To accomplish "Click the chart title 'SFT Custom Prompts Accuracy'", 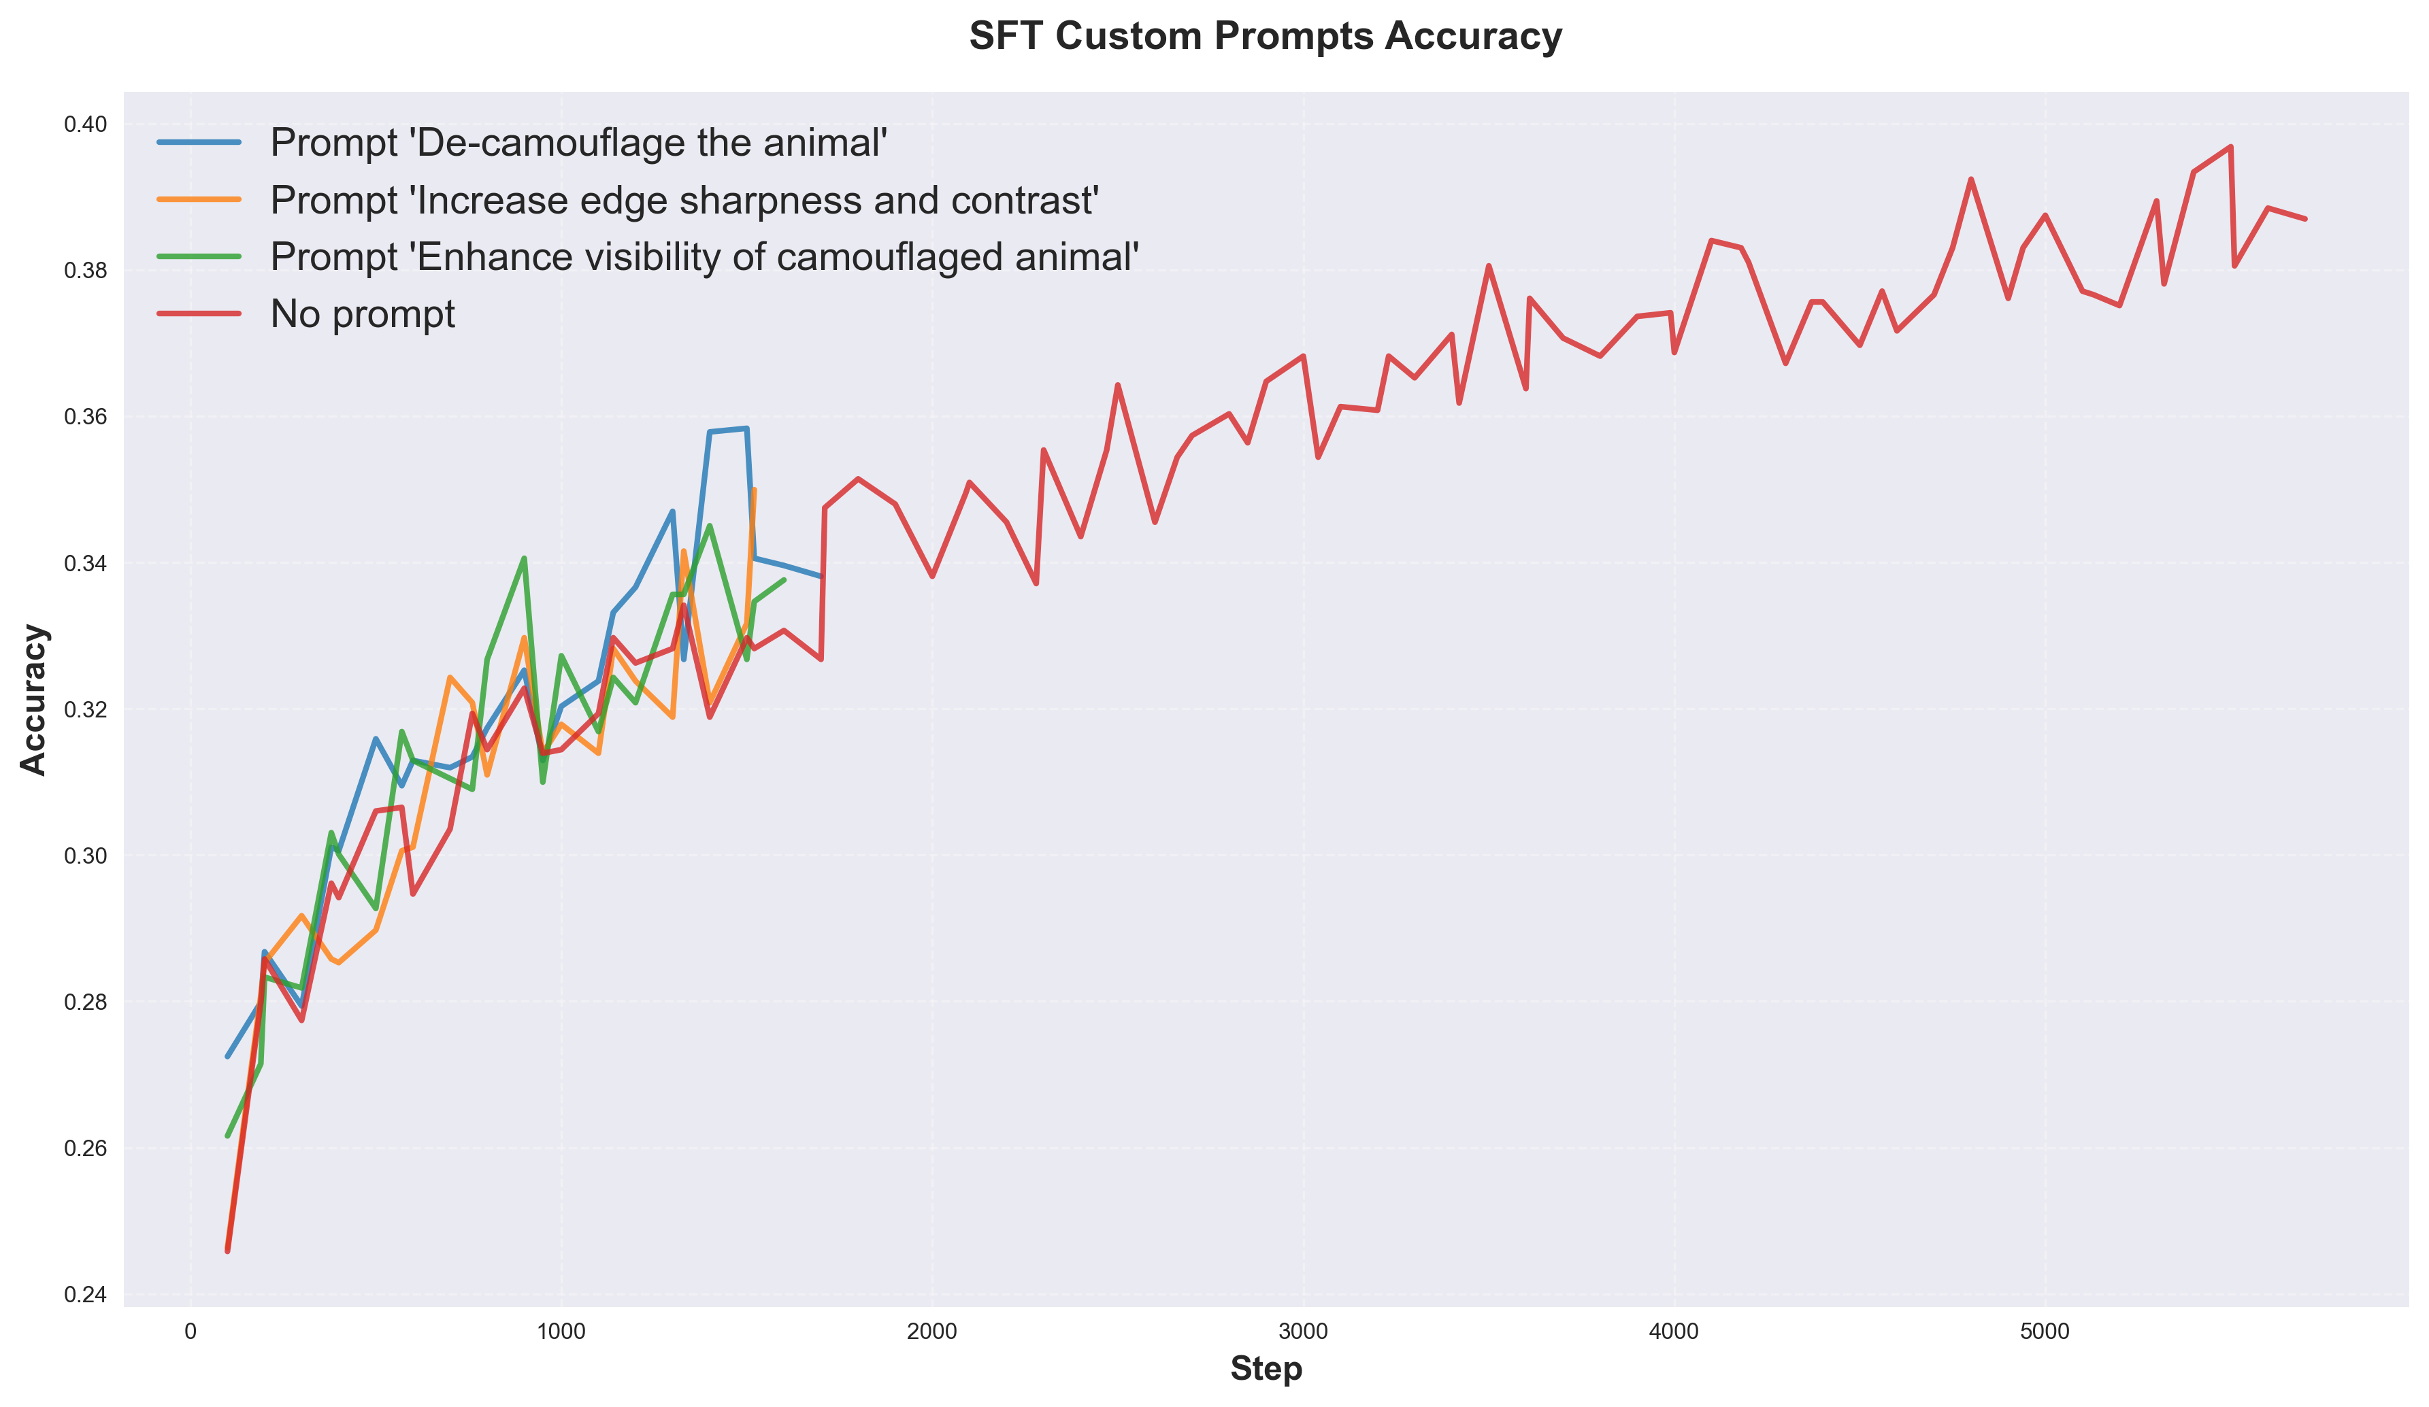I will pos(1265,37).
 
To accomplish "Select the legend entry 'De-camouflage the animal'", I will pos(578,143).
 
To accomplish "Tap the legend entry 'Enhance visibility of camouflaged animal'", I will pos(704,257).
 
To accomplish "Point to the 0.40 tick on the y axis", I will pos(86,124).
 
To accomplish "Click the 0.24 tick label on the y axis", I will pos(86,1294).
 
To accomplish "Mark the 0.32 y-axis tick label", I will pos(86,709).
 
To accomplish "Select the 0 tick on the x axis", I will pos(191,1332).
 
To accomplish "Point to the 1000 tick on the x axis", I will pos(561,1332).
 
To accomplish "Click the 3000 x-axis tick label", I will pos(1303,1332).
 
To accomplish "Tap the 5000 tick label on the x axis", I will pos(2045,1332).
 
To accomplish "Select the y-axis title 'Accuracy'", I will pos(35,700).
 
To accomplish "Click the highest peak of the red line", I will pos(2230,146).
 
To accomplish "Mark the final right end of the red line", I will pos(2304,219).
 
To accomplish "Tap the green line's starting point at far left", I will pos(227,1136).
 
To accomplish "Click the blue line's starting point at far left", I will pos(227,1056).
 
